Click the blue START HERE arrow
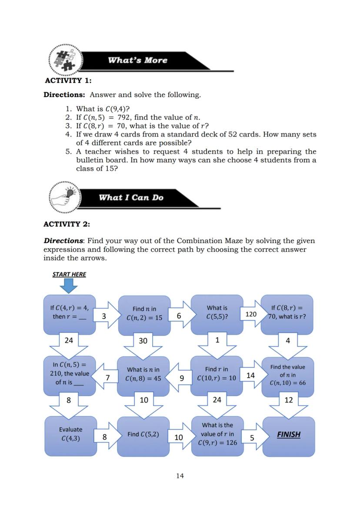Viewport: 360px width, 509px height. point(69,286)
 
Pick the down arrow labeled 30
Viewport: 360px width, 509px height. point(143,344)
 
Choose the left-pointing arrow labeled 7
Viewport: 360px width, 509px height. point(104,378)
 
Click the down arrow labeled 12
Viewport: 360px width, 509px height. point(288,404)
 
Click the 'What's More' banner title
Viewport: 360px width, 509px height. point(137,60)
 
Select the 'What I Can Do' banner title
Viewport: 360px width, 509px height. point(131,198)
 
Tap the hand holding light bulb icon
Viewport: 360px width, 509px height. point(64,197)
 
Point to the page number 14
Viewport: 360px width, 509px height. point(180,476)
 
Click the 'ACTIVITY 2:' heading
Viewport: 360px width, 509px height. point(67,224)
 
